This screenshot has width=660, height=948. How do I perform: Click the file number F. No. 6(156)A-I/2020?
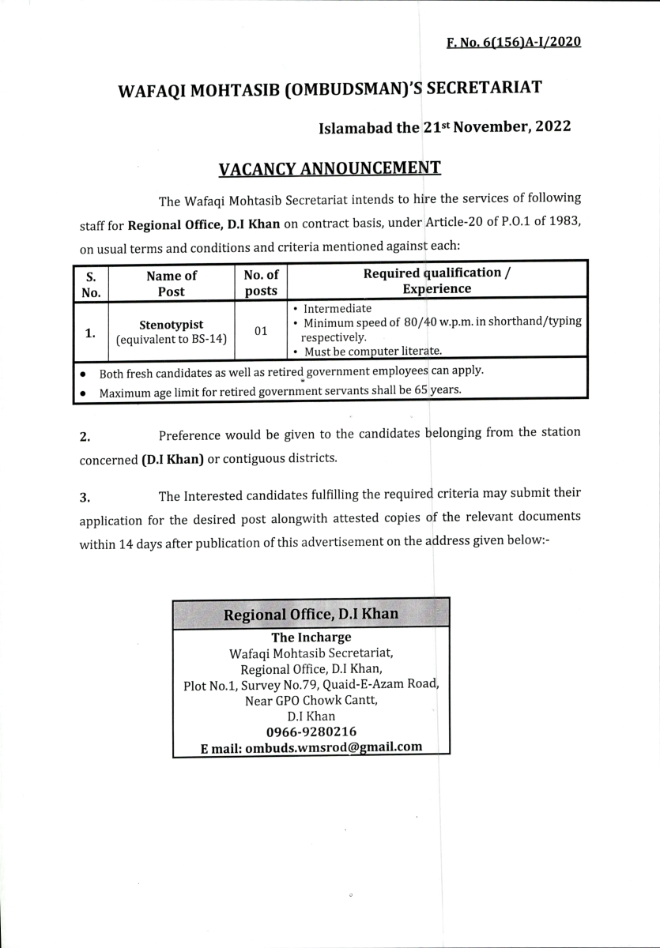pos(514,41)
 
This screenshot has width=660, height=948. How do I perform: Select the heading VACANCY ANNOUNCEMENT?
pos(329,168)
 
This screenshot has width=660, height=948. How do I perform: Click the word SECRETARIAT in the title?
pos(484,88)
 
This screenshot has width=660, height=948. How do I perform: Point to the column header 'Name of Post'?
pos(172,282)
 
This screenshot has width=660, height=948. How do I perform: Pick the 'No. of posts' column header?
pos(261,282)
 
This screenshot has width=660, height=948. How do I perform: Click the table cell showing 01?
pos(261,330)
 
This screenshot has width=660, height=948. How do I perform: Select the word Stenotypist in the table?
pos(172,324)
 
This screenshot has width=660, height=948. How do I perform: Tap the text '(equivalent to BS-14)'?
pos(172,340)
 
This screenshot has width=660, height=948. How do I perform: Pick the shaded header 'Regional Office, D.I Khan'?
pos(311,614)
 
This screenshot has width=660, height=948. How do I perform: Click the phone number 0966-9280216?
pos(311,732)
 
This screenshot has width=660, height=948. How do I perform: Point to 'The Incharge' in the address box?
pos(311,638)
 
